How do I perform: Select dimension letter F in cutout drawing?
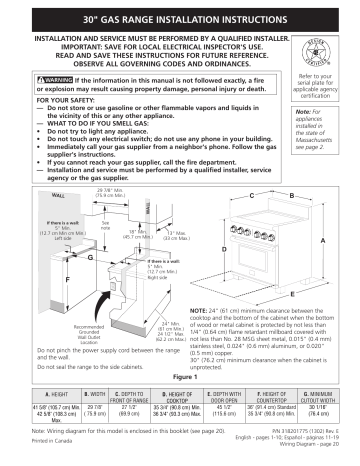click(x=40, y=281)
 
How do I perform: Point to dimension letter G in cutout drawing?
click(x=91, y=258)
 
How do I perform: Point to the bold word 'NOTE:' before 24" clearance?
click(x=196, y=311)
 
